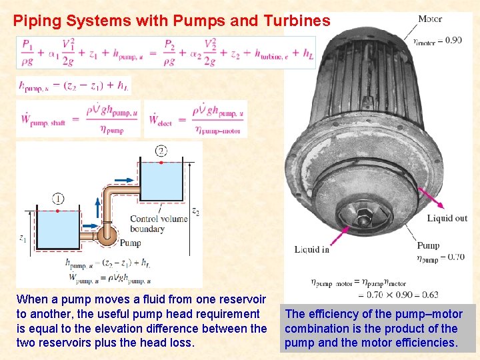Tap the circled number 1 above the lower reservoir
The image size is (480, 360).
(58, 198)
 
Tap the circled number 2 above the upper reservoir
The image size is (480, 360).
(161, 151)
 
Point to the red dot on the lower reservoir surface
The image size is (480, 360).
(58, 211)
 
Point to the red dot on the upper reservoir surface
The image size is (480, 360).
(161, 162)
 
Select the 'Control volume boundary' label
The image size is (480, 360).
(156, 224)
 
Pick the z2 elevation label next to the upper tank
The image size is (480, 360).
(195, 211)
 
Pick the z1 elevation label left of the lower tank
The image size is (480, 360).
(22, 237)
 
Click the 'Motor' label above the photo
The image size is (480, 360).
(429, 19)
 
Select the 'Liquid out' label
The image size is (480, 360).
(447, 218)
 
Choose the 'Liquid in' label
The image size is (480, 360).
(311, 249)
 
